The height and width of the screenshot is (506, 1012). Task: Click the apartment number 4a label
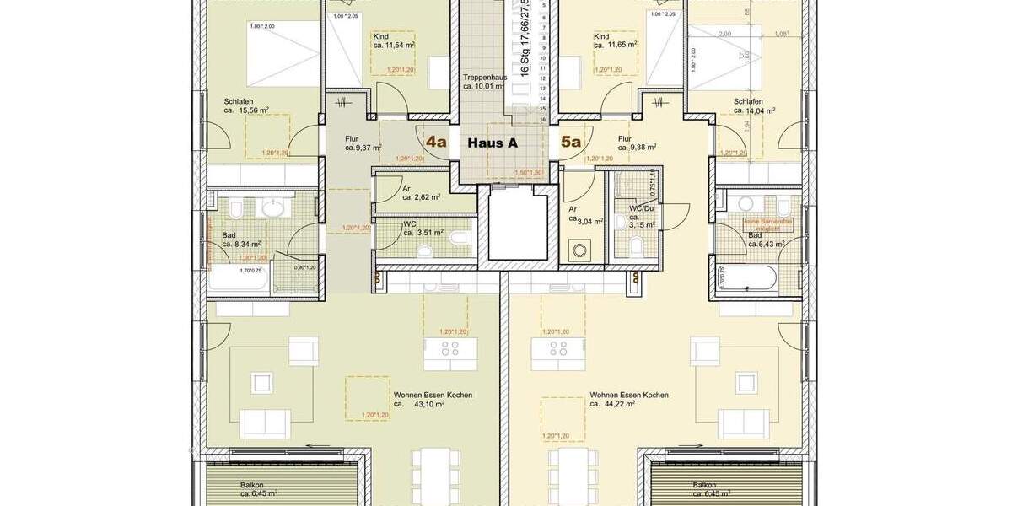436,142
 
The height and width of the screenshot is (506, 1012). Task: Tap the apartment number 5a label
571,142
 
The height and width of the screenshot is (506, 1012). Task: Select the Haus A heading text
492,143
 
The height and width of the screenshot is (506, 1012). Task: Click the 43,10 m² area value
428,404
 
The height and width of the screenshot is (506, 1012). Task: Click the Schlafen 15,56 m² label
245,105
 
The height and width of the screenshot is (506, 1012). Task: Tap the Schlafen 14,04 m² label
753,105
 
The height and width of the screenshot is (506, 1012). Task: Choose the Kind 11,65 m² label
615,41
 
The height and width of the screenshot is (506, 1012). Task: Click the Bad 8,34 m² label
240,240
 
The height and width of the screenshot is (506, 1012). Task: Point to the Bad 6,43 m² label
766,240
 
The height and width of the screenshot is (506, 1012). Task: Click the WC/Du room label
641,207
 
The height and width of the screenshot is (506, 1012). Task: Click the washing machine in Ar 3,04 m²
580,250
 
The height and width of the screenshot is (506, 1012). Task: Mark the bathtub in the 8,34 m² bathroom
240,279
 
